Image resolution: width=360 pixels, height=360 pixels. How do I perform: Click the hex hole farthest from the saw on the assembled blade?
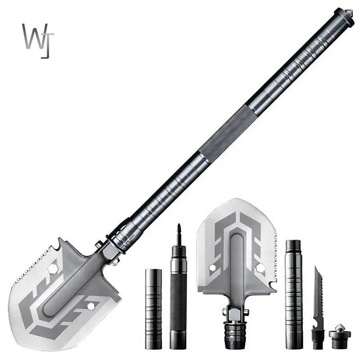coord(90,306)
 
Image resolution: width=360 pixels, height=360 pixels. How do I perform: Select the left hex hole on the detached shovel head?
coord(212,268)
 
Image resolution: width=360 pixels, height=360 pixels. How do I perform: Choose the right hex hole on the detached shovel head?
coord(260,268)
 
